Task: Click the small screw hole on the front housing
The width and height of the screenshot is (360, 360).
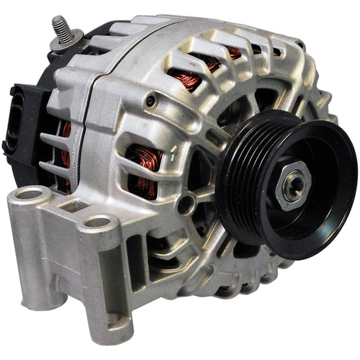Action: tap(149, 102)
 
